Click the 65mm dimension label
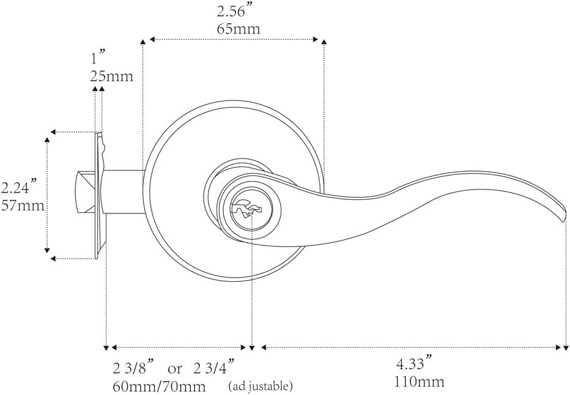tap(238, 29)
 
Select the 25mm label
tap(111, 76)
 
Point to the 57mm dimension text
tap(23, 205)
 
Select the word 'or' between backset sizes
tap(175, 369)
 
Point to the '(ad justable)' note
tap(260, 386)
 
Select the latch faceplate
tap(98, 196)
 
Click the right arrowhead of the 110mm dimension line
tap(558, 347)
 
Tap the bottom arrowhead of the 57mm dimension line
tap(47, 249)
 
